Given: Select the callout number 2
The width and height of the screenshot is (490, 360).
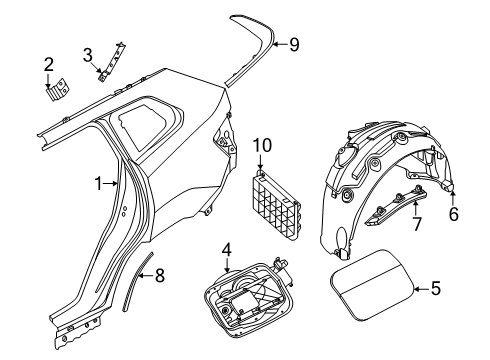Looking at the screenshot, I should click(48, 66).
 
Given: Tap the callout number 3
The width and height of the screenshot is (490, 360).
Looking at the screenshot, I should click(88, 54).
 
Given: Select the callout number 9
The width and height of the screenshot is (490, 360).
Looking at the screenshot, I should click(293, 44).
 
